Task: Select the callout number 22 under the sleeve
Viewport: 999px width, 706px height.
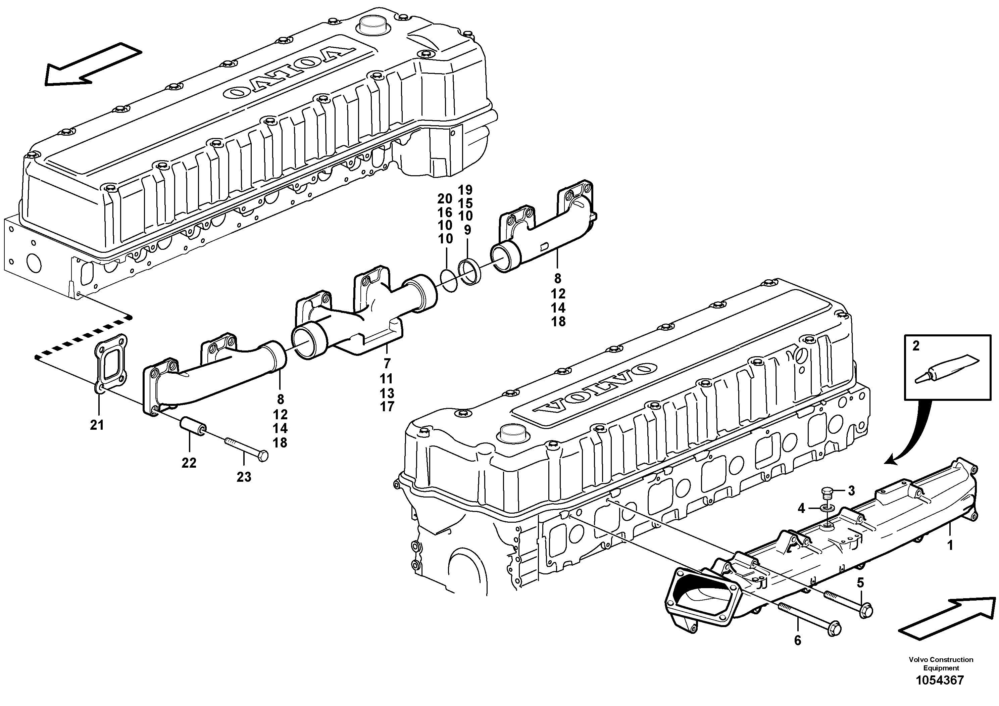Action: (189, 463)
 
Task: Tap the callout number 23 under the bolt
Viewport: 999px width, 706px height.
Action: (244, 477)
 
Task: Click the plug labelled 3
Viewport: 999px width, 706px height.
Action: (828, 493)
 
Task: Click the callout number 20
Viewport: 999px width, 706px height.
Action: (445, 199)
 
